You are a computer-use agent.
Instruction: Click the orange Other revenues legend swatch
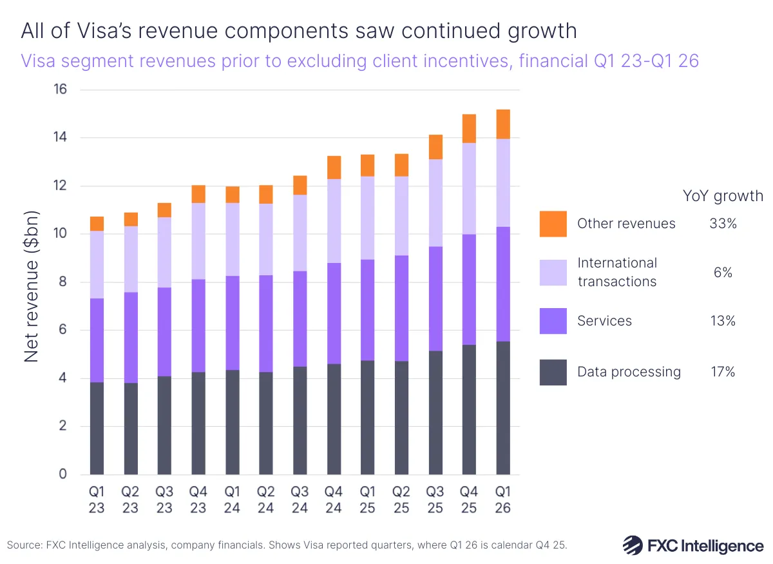553,224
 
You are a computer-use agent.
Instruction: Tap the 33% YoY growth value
722,224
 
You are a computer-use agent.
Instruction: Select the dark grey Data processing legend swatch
553,372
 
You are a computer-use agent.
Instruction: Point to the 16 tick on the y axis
59,90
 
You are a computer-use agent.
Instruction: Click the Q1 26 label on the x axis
502,500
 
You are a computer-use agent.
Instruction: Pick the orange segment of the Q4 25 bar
469,128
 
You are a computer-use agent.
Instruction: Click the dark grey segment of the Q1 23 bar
97,428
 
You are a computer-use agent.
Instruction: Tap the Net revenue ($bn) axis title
32,286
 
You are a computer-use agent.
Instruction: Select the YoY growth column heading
722,196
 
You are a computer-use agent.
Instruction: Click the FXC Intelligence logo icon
632,545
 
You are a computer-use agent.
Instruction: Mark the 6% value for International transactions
722,273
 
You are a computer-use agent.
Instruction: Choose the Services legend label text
604,321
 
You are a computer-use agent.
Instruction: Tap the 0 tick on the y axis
62,474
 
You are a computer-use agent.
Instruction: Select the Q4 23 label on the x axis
198,500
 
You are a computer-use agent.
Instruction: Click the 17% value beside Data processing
722,372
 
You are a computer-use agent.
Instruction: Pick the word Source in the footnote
23,545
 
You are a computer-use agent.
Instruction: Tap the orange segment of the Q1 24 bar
233,195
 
